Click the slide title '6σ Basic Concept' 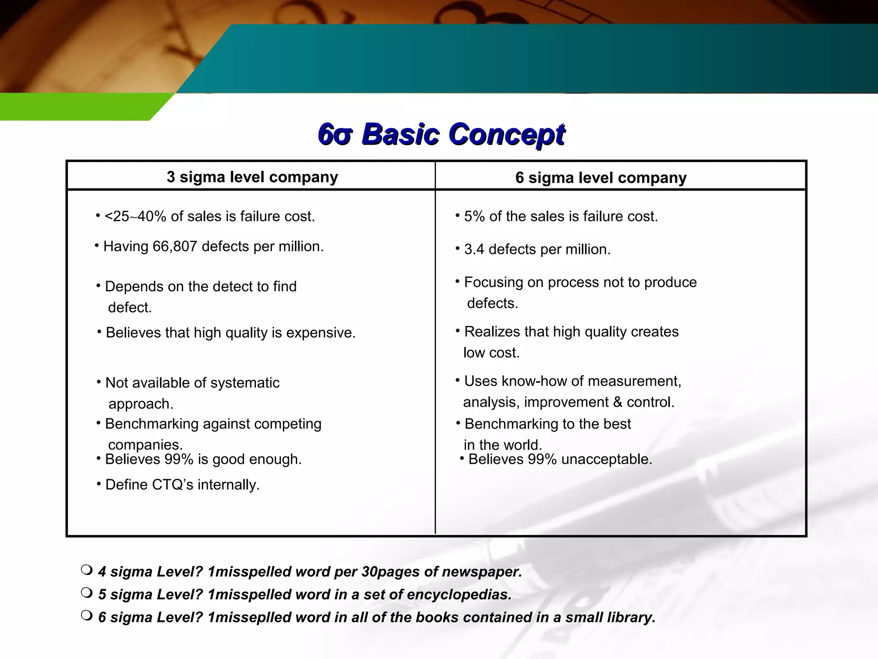pyautogui.click(x=442, y=134)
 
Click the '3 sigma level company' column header pyautogui.click(x=252, y=177)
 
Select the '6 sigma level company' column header pyautogui.click(x=601, y=178)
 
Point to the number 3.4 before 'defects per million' pyautogui.click(x=474, y=250)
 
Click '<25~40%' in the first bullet pyautogui.click(x=135, y=217)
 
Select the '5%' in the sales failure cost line pyautogui.click(x=474, y=217)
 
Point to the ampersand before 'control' pyautogui.click(x=617, y=402)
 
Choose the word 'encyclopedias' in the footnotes pyautogui.click(x=459, y=595)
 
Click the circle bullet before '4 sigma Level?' pyautogui.click(x=86, y=570)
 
